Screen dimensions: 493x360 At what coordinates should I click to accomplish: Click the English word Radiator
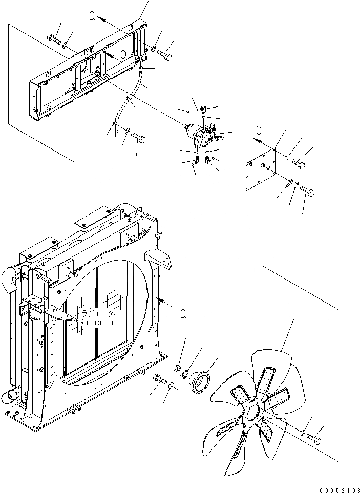[x=97, y=323]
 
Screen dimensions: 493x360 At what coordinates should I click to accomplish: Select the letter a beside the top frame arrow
[x=92, y=16]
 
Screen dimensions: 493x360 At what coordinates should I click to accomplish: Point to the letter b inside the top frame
[x=123, y=53]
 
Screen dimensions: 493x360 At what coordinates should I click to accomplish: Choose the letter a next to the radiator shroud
[x=183, y=313]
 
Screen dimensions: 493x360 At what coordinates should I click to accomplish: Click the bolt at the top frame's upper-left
[x=53, y=39]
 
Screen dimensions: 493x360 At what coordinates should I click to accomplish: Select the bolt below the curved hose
[x=138, y=137]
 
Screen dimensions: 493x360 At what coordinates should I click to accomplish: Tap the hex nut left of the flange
[x=176, y=367]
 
